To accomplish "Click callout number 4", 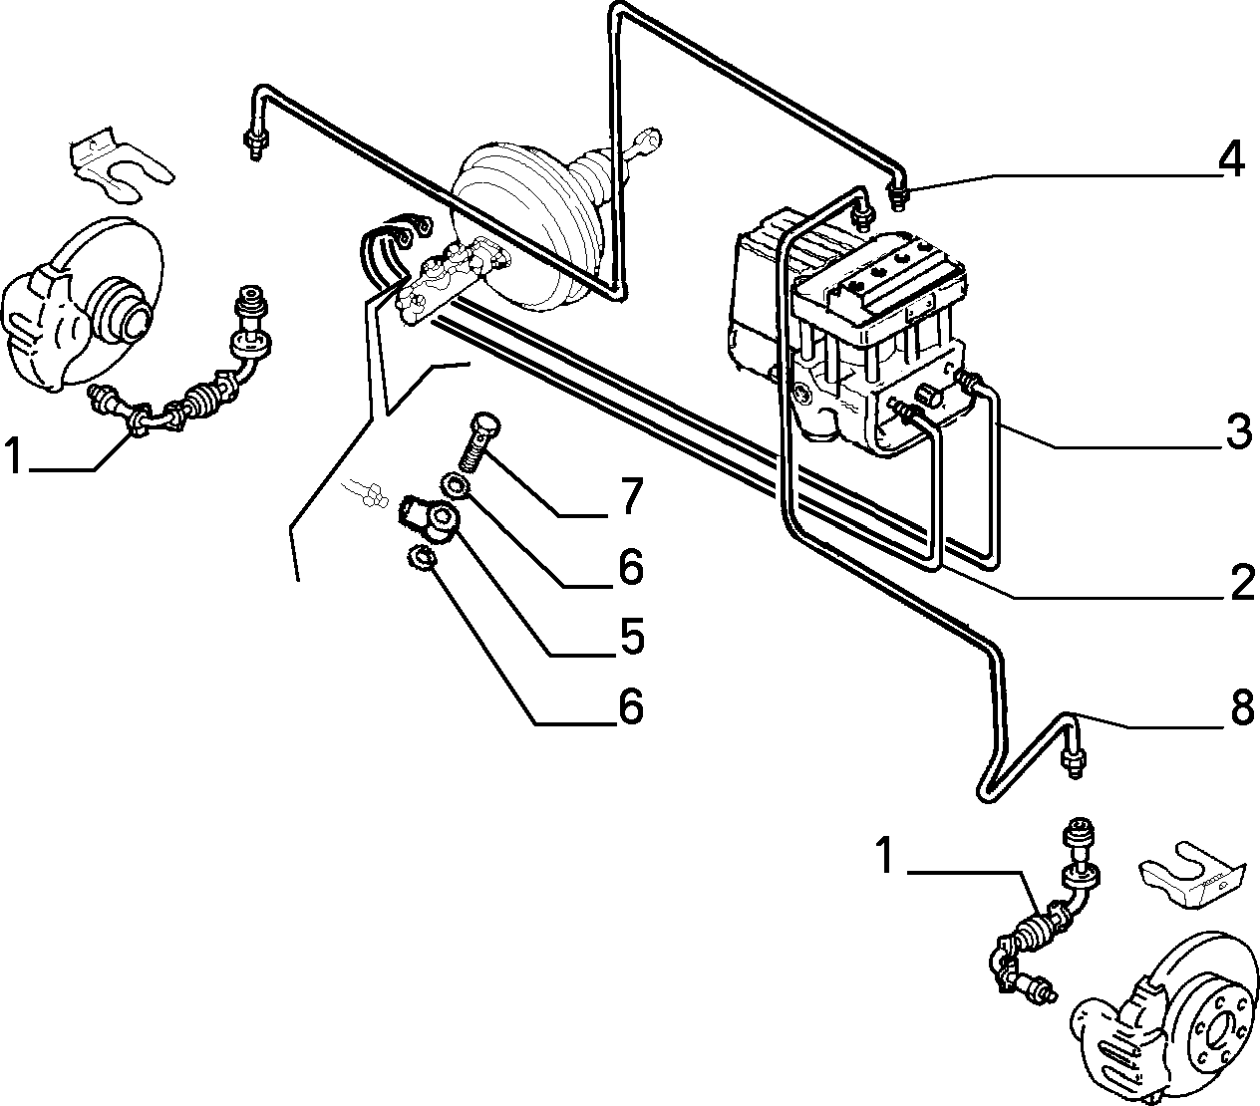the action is point(1231,158).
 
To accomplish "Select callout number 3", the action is point(1238,430).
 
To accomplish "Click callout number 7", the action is point(629,495).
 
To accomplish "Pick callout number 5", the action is point(631,636).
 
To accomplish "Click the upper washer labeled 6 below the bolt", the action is point(456,484).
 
